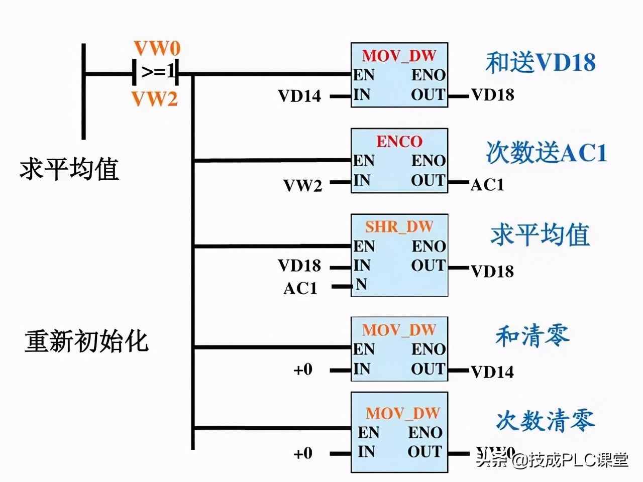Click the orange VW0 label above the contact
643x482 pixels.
[157, 49]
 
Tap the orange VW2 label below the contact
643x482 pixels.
[155, 99]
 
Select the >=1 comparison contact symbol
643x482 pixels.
[156, 73]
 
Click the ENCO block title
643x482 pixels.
[399, 141]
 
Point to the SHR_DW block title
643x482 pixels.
[399, 226]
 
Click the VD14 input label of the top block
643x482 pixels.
[299, 95]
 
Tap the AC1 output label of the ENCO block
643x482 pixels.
[487, 185]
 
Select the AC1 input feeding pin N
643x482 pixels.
[300, 288]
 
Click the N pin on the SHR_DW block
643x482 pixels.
[361, 285]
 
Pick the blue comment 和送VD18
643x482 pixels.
[540, 63]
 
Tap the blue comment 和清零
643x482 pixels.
[532, 336]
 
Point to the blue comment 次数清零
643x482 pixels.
[545, 420]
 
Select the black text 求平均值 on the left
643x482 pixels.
[69, 169]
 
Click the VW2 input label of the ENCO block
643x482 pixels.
[302, 186]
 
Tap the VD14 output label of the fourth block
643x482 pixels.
[492, 372]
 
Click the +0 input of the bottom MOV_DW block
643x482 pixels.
[303, 453]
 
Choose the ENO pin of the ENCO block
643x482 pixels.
[428, 161]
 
